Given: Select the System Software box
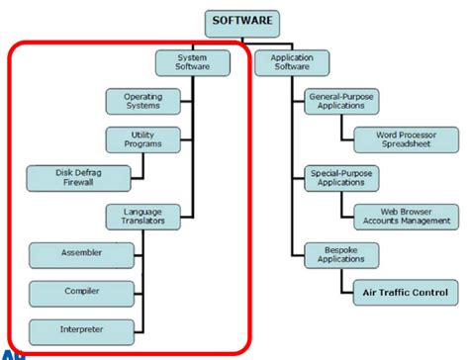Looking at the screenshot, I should [194, 62].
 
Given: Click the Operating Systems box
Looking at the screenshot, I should [142, 101].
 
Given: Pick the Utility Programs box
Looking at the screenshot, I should [142, 138].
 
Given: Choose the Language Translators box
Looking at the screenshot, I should [142, 216].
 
